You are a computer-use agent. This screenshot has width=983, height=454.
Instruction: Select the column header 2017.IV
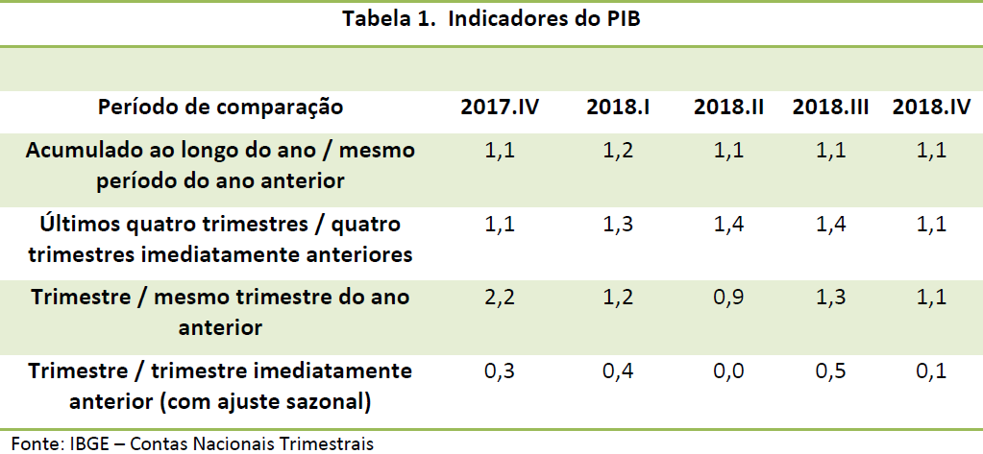click(x=500, y=107)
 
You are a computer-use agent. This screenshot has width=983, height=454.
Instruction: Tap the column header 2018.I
click(x=618, y=107)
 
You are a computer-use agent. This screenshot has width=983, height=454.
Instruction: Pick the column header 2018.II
click(x=728, y=107)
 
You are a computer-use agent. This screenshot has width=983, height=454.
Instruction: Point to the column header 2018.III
click(x=831, y=107)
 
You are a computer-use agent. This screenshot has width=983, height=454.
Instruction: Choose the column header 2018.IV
click(x=931, y=107)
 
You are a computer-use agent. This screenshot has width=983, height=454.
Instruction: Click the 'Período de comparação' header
click(x=221, y=107)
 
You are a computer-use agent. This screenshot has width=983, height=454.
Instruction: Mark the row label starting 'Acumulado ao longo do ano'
click(x=221, y=164)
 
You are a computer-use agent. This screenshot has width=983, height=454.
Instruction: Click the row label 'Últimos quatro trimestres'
click(x=221, y=238)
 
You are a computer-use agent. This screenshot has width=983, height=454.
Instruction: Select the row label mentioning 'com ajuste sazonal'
click(x=221, y=384)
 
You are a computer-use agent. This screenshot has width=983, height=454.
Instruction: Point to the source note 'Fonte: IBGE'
click(x=192, y=442)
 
